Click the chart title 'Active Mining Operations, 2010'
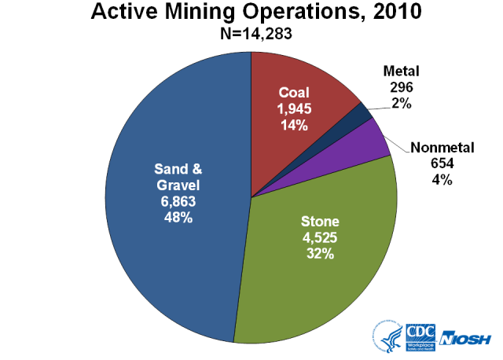click(x=251, y=13)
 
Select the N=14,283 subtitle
click(x=251, y=34)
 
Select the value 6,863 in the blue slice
click(x=178, y=202)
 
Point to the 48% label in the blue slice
click(x=178, y=218)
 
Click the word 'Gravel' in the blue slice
click(x=178, y=186)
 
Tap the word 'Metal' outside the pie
click(x=403, y=72)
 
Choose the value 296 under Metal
click(x=403, y=86)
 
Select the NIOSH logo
click(x=468, y=338)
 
